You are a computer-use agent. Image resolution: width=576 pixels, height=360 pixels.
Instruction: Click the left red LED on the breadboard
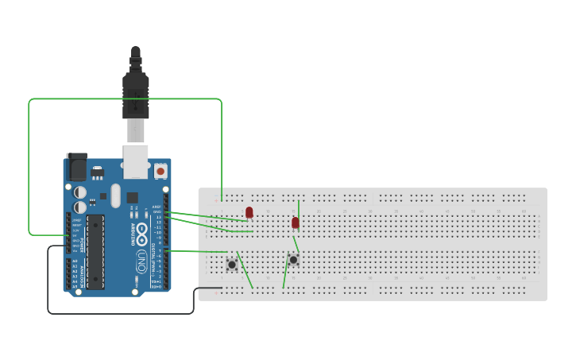[249, 212]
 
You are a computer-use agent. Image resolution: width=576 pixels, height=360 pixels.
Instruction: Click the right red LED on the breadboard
[296, 223]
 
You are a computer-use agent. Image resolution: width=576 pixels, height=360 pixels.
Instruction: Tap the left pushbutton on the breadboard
[232, 264]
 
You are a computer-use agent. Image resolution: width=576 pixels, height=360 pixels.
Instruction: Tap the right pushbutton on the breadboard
[293, 259]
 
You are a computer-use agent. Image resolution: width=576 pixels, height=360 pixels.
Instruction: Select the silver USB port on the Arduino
[136, 160]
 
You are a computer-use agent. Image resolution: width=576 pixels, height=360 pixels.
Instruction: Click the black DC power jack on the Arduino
[77, 168]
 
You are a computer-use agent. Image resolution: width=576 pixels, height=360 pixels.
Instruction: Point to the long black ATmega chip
[95, 250]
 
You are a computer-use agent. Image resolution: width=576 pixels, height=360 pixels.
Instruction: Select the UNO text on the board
[141, 260]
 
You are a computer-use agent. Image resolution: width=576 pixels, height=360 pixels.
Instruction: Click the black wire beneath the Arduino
[119, 313]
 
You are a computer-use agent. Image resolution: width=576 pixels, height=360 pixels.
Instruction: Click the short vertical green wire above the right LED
[299, 208]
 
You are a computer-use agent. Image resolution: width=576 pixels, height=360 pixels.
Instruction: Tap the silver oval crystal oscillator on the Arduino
[116, 195]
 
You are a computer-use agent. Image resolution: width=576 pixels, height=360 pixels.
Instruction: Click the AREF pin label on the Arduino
[157, 207]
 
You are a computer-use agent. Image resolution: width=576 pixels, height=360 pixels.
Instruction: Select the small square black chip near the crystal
[132, 197]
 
